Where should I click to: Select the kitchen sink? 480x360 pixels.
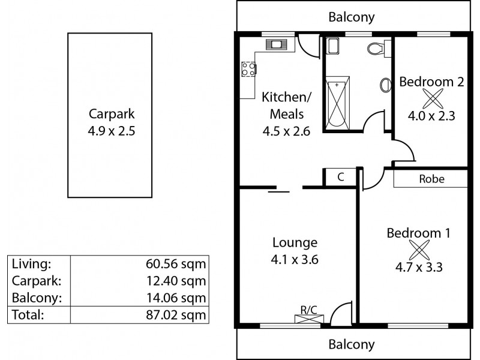click(x=277, y=43)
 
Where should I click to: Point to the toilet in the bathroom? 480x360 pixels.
click(x=376, y=49)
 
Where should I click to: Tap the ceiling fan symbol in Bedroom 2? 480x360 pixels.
click(x=431, y=98)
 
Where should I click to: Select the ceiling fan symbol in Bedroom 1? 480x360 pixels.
click(x=418, y=249)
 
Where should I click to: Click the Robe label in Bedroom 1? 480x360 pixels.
click(x=431, y=179)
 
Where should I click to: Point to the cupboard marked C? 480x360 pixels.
click(x=340, y=177)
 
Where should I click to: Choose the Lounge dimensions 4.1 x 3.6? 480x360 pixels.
click(x=295, y=260)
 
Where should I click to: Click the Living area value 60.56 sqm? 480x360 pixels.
click(x=178, y=263)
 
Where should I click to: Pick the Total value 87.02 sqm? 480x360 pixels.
click(x=178, y=314)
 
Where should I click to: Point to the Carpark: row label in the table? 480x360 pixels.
click(x=34, y=280)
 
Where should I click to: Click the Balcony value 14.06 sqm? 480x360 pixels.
click(x=178, y=297)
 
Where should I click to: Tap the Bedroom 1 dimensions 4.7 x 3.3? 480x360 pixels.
click(x=418, y=268)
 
